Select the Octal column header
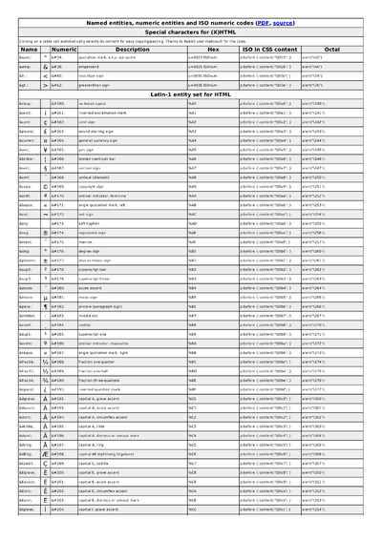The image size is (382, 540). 332,48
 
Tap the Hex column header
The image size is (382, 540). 212,48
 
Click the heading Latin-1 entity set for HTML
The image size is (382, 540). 191,92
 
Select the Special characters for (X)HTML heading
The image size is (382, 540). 191,31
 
